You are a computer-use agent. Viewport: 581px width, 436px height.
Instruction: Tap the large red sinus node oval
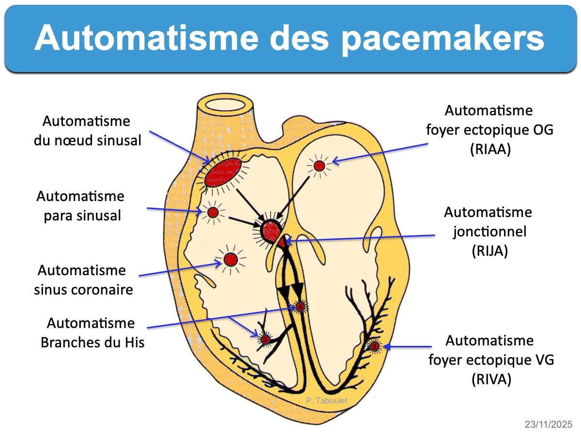222,173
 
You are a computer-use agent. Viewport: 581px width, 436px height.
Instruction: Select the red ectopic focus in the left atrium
319,166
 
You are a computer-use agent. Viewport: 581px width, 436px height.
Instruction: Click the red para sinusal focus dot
213,212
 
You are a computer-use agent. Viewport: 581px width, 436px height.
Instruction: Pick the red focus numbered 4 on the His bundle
300,307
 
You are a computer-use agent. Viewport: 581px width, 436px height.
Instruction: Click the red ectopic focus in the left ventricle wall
374,346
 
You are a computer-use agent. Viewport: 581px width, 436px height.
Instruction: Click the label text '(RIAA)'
490,150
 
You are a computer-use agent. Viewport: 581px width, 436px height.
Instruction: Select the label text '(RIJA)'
489,251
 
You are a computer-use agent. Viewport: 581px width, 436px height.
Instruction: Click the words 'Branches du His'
92,342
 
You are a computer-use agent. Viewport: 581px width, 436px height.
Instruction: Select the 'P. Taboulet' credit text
327,401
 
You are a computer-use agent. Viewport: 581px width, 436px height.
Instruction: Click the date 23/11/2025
548,424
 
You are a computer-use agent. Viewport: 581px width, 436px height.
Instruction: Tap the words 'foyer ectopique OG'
489,130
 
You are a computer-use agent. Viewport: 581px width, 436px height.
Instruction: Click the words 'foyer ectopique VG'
491,360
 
